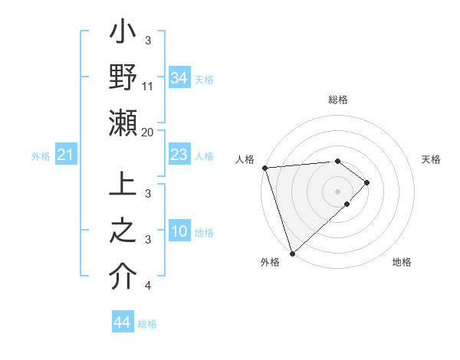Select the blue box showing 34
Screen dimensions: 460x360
[x=179, y=78]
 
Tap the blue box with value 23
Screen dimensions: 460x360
[x=179, y=155]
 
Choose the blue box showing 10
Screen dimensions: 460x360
[x=179, y=232]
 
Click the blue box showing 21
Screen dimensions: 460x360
[x=65, y=155]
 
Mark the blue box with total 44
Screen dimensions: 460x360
[x=123, y=322]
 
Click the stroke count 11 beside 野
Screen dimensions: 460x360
[x=148, y=87]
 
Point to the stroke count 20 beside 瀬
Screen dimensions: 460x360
[x=148, y=132]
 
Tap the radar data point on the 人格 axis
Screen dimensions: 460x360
[x=264, y=168]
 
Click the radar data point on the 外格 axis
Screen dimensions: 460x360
[x=292, y=253]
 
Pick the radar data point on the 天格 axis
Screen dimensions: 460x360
[x=367, y=182]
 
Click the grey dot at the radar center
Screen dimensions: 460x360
[x=337, y=191]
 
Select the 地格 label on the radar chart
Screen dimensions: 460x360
[x=402, y=262]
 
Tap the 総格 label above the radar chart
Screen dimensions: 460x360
[x=338, y=100]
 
